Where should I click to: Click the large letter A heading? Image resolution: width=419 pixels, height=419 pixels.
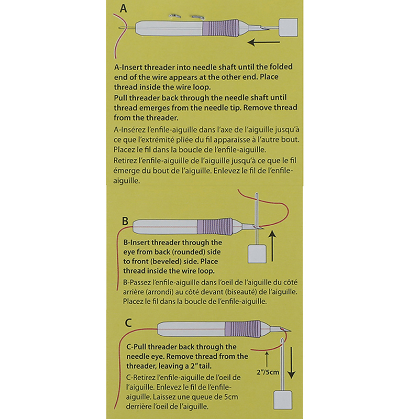(x=123, y=8)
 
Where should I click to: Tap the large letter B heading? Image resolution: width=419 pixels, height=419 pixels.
(x=125, y=221)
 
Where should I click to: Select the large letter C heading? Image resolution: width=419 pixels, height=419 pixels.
(x=128, y=323)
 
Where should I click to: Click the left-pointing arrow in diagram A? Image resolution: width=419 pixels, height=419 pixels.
(x=264, y=42)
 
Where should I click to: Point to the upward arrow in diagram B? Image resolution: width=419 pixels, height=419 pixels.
(x=272, y=246)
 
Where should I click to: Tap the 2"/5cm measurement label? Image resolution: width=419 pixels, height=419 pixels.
(x=268, y=372)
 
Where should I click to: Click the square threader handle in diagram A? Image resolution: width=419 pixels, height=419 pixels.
(x=289, y=27)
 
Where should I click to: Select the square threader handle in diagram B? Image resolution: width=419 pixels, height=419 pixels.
(x=257, y=254)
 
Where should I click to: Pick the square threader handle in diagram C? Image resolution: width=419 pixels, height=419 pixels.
(x=283, y=400)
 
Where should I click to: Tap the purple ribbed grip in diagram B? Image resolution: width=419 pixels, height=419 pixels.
(x=215, y=227)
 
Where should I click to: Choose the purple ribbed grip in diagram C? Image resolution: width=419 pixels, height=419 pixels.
(x=242, y=328)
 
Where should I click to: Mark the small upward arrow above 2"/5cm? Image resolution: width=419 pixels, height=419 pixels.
(x=267, y=359)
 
